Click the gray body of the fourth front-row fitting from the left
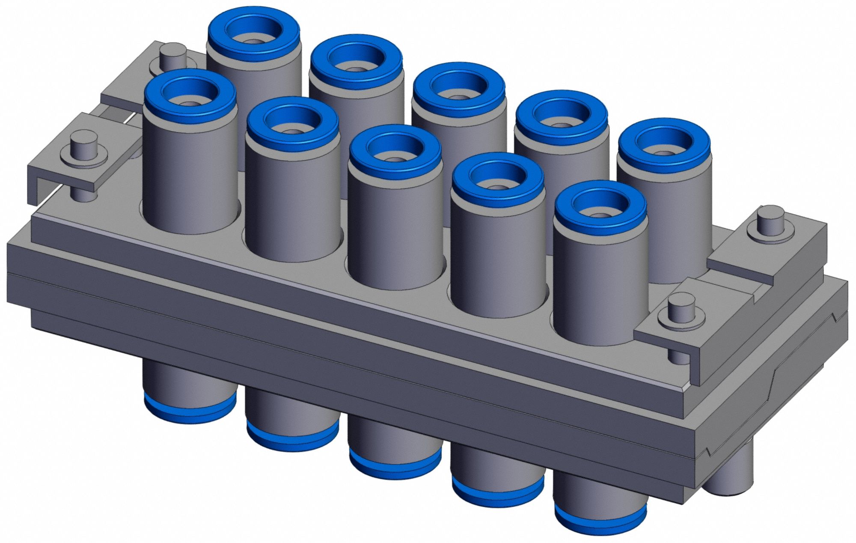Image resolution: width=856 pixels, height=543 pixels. pos(497,253)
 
